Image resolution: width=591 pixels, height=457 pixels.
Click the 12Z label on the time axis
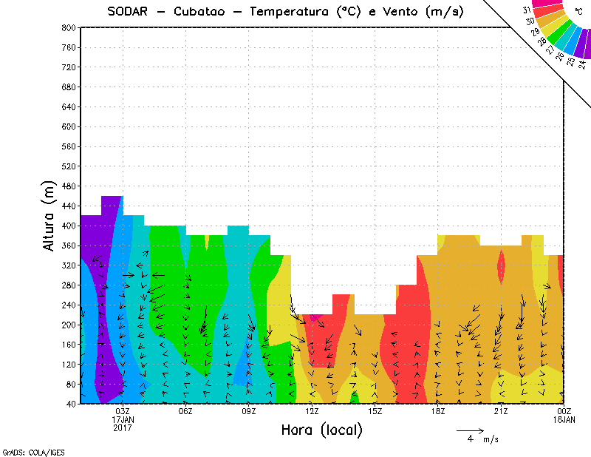(312, 412)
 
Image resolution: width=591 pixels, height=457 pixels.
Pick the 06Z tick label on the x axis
(185, 412)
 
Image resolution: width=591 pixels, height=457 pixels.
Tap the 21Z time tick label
(501, 412)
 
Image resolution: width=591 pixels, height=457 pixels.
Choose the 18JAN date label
(564, 420)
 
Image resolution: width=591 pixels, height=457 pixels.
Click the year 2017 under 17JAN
(123, 428)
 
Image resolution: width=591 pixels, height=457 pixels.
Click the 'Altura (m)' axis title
(49, 214)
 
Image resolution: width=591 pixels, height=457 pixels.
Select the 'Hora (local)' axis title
(321, 430)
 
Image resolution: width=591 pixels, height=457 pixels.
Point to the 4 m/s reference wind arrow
(469, 430)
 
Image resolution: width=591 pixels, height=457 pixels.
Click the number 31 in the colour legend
(527, 10)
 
